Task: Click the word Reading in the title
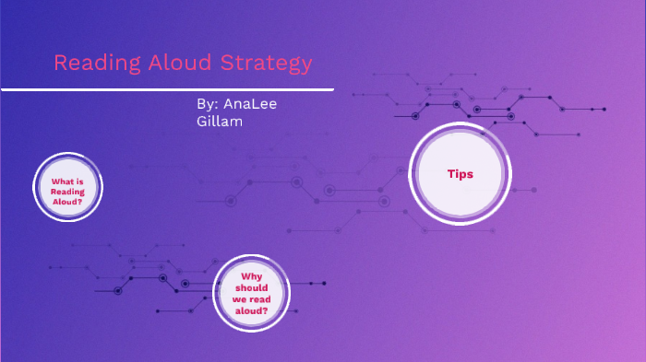point(90,64)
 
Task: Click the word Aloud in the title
point(161,64)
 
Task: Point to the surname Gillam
point(220,122)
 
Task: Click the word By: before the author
point(208,104)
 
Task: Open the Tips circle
point(460,173)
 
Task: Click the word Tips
point(460,173)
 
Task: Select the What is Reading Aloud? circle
point(67,187)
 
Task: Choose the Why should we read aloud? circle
point(252,293)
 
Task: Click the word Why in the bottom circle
point(252,276)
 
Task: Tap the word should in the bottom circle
point(252,287)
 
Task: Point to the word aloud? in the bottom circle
point(252,310)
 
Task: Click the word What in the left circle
point(63,181)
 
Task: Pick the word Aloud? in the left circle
point(67,201)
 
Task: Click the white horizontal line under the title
point(166,89)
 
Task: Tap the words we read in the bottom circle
point(252,298)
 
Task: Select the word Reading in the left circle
point(67,191)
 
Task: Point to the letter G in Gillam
point(202,122)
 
